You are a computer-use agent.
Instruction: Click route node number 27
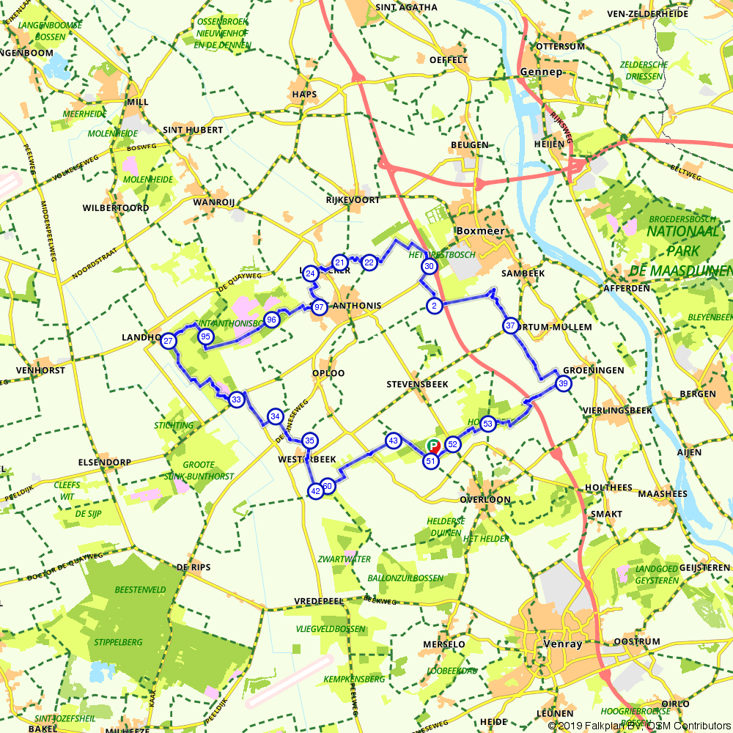click(169, 341)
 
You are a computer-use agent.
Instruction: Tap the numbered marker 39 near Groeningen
click(563, 383)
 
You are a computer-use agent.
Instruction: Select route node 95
click(205, 336)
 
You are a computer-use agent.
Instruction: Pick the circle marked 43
click(394, 441)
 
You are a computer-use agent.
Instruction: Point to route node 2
click(434, 305)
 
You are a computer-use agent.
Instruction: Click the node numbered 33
click(236, 399)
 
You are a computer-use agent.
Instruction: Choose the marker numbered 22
click(369, 262)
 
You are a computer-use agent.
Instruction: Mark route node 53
click(487, 423)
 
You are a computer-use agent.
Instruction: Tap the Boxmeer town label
click(480, 230)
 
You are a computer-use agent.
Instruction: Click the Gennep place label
click(540, 72)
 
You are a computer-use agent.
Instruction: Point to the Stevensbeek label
click(416, 384)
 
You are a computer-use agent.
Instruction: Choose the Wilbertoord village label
click(116, 208)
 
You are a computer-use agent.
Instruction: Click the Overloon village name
click(485, 500)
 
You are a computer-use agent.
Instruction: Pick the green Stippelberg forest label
click(118, 642)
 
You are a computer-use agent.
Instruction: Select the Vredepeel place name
click(319, 601)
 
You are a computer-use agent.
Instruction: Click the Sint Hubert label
click(193, 130)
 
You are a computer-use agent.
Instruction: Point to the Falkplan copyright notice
click(639, 726)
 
